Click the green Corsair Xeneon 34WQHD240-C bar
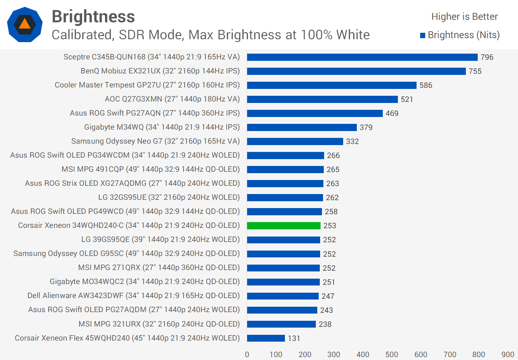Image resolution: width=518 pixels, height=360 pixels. pyautogui.click(x=283, y=226)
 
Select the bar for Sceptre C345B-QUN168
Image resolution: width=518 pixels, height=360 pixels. pyautogui.click(x=362, y=57)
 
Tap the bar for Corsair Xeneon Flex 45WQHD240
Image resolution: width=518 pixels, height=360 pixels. pyautogui.click(x=266, y=338)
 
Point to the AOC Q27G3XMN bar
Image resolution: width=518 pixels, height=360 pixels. pyautogui.click(x=322, y=99)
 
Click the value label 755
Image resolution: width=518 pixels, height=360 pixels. pyautogui.click(x=475, y=71)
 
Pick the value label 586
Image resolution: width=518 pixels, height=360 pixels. pyautogui.click(x=426, y=85)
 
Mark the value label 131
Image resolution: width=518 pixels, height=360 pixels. pyautogui.click(x=294, y=338)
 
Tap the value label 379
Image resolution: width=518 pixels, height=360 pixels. pyautogui.click(x=366, y=127)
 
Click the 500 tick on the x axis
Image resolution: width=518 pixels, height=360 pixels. pyautogui.click(x=392, y=354)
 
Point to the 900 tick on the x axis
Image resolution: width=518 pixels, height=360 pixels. pyautogui.click(x=508, y=354)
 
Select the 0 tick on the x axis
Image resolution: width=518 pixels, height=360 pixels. pyautogui.click(x=247, y=354)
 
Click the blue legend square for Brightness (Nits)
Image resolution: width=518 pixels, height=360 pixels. pyautogui.click(x=423, y=35)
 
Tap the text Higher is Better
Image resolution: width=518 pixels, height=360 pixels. pyautogui.click(x=464, y=17)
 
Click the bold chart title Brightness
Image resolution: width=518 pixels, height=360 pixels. pyautogui.click(x=93, y=17)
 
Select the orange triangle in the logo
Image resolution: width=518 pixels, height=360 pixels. pyautogui.click(x=24, y=24)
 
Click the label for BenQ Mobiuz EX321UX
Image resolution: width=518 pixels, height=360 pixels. pyautogui.click(x=160, y=71)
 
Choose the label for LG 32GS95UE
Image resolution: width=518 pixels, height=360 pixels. pyautogui.click(x=169, y=197)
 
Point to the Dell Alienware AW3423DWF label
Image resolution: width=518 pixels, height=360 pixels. pyautogui.click(x=133, y=296)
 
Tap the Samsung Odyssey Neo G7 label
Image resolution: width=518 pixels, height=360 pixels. pyautogui.click(x=155, y=141)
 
